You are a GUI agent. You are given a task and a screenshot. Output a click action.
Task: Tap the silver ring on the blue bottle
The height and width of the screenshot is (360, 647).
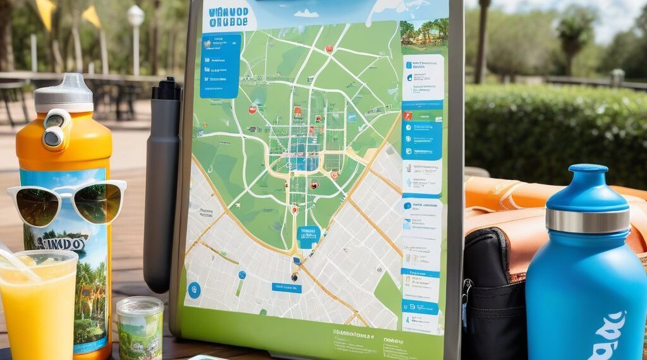coord(588,220)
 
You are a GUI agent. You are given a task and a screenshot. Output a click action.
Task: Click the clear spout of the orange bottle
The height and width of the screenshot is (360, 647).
coord(63,85)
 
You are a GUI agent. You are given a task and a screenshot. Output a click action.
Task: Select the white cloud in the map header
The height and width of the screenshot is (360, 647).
coord(306,13)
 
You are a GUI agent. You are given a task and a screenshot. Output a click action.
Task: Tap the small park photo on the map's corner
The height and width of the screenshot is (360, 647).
coord(425,32)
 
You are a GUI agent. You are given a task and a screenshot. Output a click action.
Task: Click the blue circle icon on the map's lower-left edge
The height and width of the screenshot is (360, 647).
coord(194,290)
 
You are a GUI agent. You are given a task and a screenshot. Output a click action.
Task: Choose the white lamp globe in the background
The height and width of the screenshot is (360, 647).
coord(135,16)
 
